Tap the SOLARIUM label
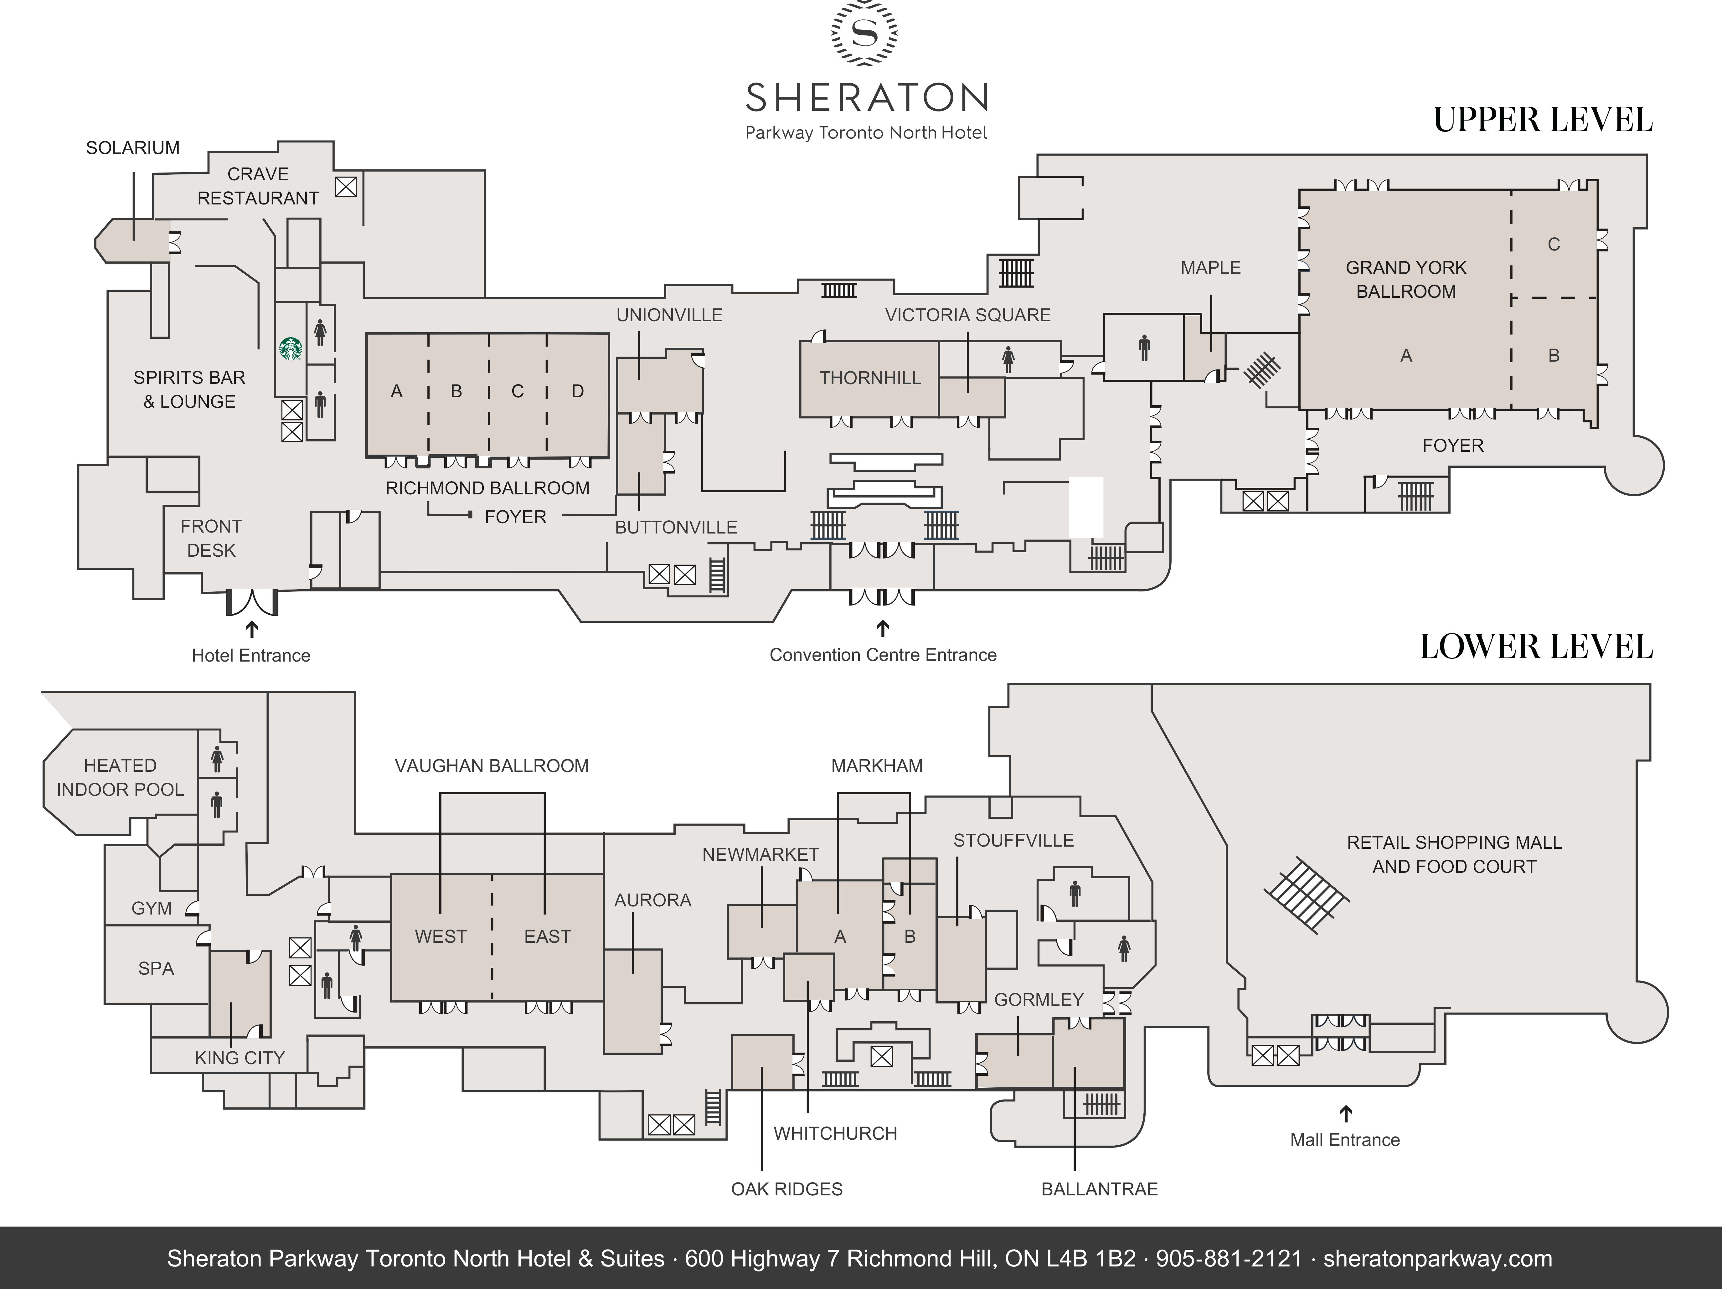click(132, 148)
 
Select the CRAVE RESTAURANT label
click(258, 186)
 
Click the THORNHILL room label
click(869, 378)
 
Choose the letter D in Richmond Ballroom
click(578, 392)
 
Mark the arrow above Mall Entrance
click(1345, 1114)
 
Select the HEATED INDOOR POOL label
click(120, 778)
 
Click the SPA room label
click(156, 968)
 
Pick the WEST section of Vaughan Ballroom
click(441, 936)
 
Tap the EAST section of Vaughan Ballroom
click(547, 936)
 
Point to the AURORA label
click(652, 900)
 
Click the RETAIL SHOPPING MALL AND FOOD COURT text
click(1453, 855)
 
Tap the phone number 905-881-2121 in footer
click(1229, 1259)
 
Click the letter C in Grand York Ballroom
click(1553, 245)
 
